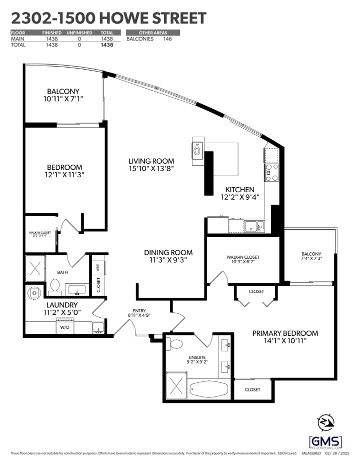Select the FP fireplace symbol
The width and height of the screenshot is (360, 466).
[196, 149]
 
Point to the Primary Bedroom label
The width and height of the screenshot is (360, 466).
[285, 333]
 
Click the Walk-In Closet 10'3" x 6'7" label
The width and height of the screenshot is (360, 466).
[242, 257]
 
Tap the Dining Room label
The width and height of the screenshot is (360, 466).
[167, 253]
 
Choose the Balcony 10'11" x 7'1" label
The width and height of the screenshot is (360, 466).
[63, 91]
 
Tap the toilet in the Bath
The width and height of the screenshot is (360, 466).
[55, 286]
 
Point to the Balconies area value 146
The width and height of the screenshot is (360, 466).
[167, 39]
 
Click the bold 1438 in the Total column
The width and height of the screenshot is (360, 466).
[106, 45]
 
